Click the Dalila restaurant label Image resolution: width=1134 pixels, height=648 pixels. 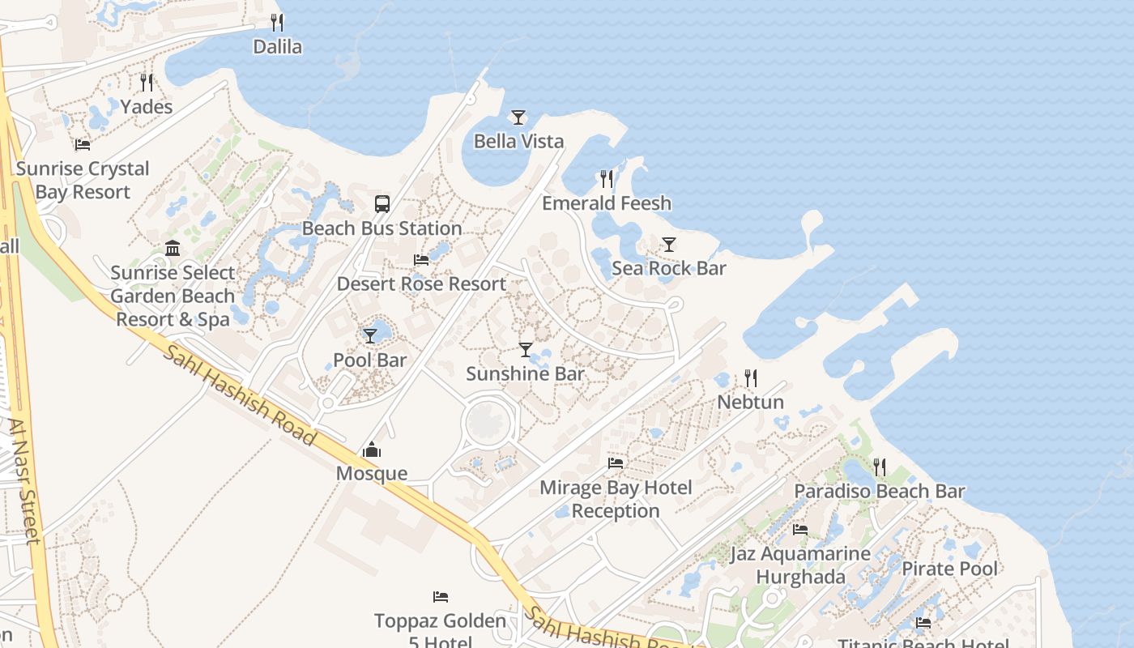pyautogui.click(x=277, y=47)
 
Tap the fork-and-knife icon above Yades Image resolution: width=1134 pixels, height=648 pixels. pyautogui.click(x=147, y=82)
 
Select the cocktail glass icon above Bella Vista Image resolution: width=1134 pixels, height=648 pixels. pyautogui.click(x=518, y=117)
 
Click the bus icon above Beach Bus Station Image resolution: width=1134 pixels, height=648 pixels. pyautogui.click(x=382, y=204)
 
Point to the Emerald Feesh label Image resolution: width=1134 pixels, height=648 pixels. pyautogui.click(x=607, y=202)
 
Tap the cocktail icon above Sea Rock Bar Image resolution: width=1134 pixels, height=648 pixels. pyautogui.click(x=668, y=244)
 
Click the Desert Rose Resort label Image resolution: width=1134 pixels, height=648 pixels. pyautogui.click(x=421, y=284)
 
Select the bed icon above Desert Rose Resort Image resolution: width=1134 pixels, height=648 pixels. pyautogui.click(x=421, y=260)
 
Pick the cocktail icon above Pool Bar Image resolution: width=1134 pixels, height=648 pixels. pyautogui.click(x=370, y=335)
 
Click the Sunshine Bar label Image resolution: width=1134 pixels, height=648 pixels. pyautogui.click(x=525, y=373)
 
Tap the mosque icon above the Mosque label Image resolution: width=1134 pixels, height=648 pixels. pyautogui.click(x=372, y=450)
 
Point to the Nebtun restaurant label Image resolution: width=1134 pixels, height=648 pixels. pyautogui.click(x=750, y=402)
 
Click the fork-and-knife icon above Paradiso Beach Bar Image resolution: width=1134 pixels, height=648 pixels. pyautogui.click(x=880, y=467)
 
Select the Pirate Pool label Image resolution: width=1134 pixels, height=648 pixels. pyautogui.click(x=949, y=569)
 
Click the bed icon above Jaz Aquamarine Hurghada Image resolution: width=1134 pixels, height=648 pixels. pyautogui.click(x=800, y=530)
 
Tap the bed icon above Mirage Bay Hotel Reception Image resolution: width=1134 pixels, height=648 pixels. pyautogui.click(x=616, y=463)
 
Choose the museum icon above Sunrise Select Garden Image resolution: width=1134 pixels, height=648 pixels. pyautogui.click(x=173, y=248)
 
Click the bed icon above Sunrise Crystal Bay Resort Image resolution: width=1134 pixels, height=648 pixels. pyautogui.click(x=83, y=145)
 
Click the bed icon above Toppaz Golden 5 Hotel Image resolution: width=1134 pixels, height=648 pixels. pyautogui.click(x=441, y=597)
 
